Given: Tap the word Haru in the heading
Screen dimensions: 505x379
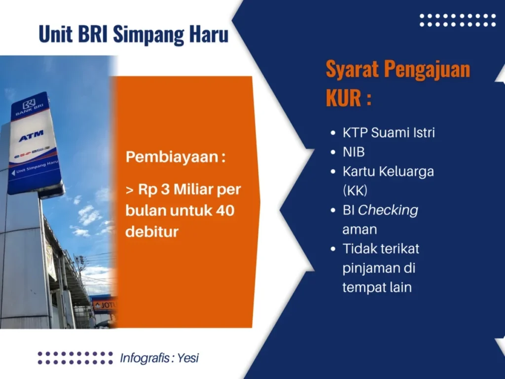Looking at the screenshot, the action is tap(209, 34).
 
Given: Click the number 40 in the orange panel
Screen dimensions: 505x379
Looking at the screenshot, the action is tap(225, 210).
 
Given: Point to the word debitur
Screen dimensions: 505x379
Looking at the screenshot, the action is tap(152, 231).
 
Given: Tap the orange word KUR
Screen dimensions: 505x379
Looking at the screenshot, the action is tap(343, 98).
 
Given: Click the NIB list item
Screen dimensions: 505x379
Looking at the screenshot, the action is tap(353, 152).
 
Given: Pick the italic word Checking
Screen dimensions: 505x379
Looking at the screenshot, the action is tap(388, 210).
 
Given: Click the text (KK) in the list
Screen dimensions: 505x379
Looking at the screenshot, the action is tap(355, 190).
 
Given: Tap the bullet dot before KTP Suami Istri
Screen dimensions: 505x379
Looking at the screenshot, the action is tap(333, 133).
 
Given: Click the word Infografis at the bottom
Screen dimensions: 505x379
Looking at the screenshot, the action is tap(145, 358).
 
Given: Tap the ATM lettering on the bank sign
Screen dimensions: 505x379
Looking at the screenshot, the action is tap(31, 136).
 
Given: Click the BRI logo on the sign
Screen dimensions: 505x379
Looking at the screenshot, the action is tap(29, 105).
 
